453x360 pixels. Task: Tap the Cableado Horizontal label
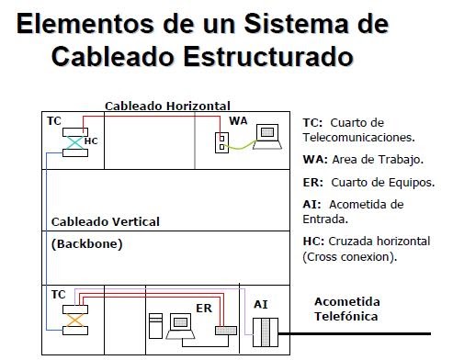[167, 107]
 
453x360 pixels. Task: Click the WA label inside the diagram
[238, 120]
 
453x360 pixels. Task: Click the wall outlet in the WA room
[221, 143]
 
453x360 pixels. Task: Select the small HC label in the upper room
[90, 141]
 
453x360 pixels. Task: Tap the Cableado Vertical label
[105, 221]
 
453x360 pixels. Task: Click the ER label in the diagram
[203, 309]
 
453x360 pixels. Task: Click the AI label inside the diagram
[260, 302]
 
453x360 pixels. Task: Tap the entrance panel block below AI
[264, 330]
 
